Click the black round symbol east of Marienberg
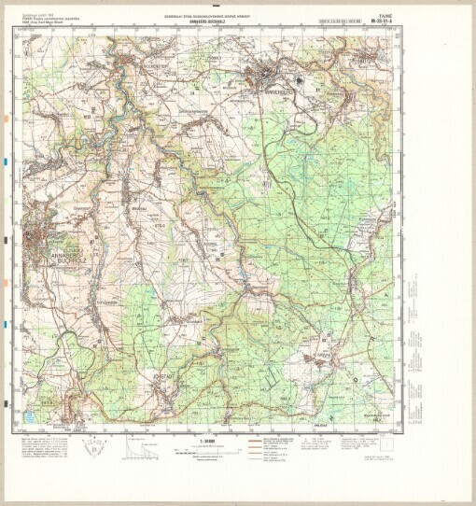coord(317,89)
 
